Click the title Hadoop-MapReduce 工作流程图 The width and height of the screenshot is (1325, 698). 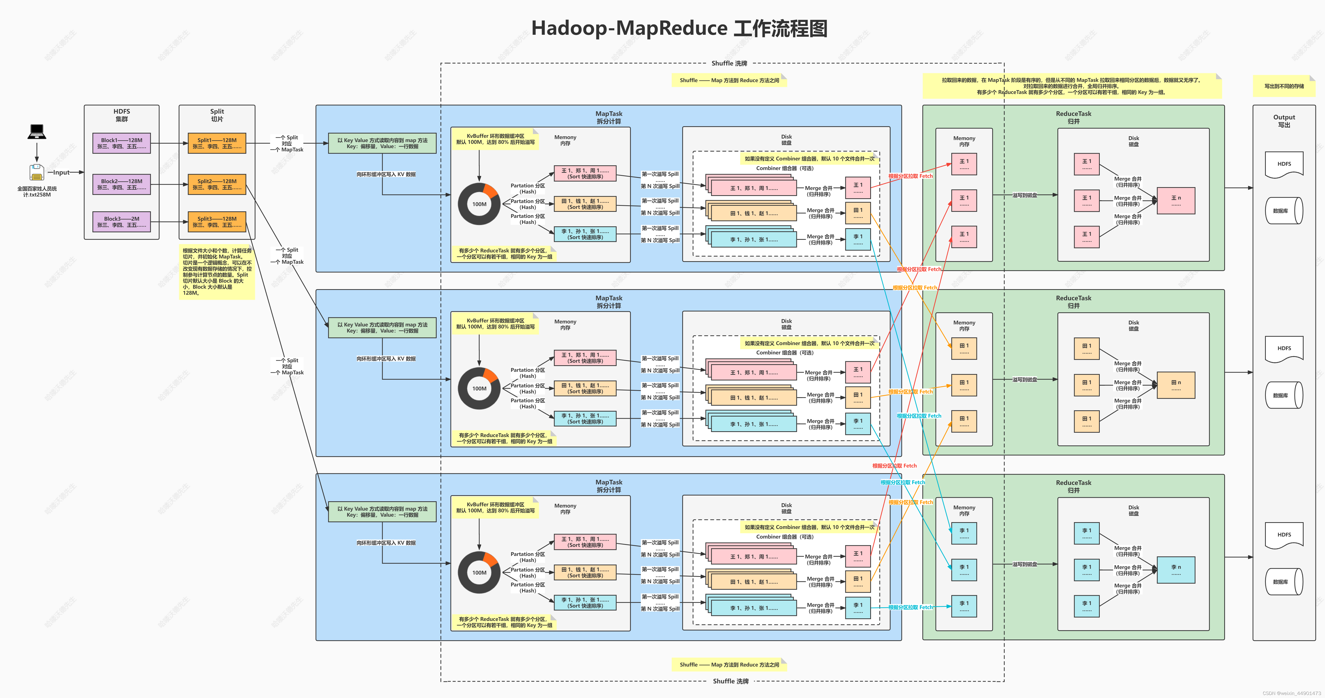point(679,28)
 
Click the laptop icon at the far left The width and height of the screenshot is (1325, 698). point(37,132)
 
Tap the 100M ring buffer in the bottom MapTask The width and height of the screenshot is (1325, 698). point(479,573)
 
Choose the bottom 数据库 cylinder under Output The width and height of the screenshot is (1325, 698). point(1284,582)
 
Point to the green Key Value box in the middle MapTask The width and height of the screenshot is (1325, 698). point(382,328)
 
